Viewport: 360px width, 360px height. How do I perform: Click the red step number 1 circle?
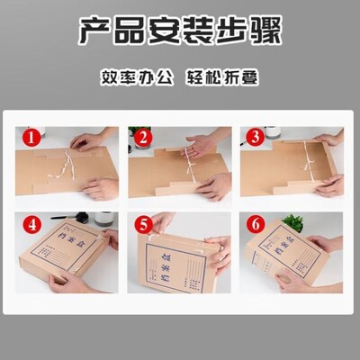(x=31, y=138)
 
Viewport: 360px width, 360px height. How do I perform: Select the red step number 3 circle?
(x=254, y=138)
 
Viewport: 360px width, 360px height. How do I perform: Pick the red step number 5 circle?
(x=141, y=223)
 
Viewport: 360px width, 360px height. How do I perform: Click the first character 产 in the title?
(x=93, y=33)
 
